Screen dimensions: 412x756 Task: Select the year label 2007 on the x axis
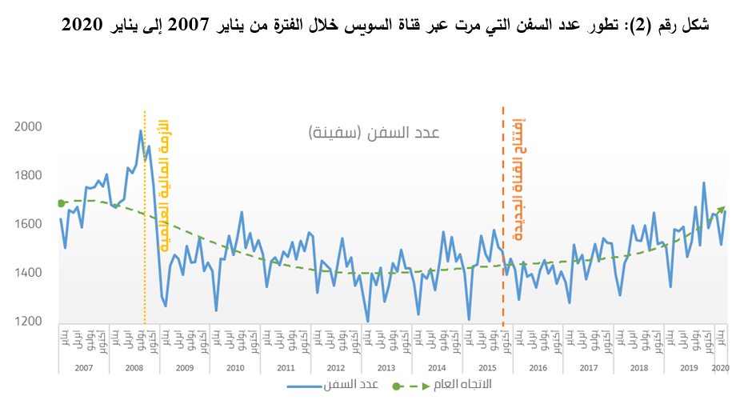pyautogui.click(x=84, y=367)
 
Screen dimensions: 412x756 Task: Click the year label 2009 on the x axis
pyautogui.click(x=185, y=367)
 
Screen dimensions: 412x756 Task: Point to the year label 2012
pyautogui.click(x=336, y=367)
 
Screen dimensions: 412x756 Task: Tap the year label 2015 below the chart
pyautogui.click(x=487, y=367)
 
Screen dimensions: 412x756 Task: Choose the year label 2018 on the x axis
pyautogui.click(x=638, y=367)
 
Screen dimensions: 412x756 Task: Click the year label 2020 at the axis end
pyautogui.click(x=720, y=367)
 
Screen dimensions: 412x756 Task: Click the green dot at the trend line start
pyautogui.click(x=61, y=203)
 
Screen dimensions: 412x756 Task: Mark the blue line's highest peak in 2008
pyautogui.click(x=141, y=130)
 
